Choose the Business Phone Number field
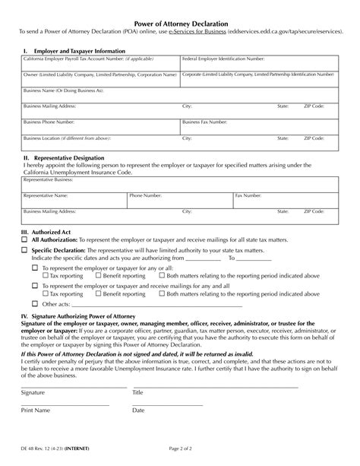(101, 125)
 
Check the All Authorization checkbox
(24, 238)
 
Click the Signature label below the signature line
(33, 392)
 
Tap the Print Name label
(36, 410)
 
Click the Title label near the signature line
(137, 392)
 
